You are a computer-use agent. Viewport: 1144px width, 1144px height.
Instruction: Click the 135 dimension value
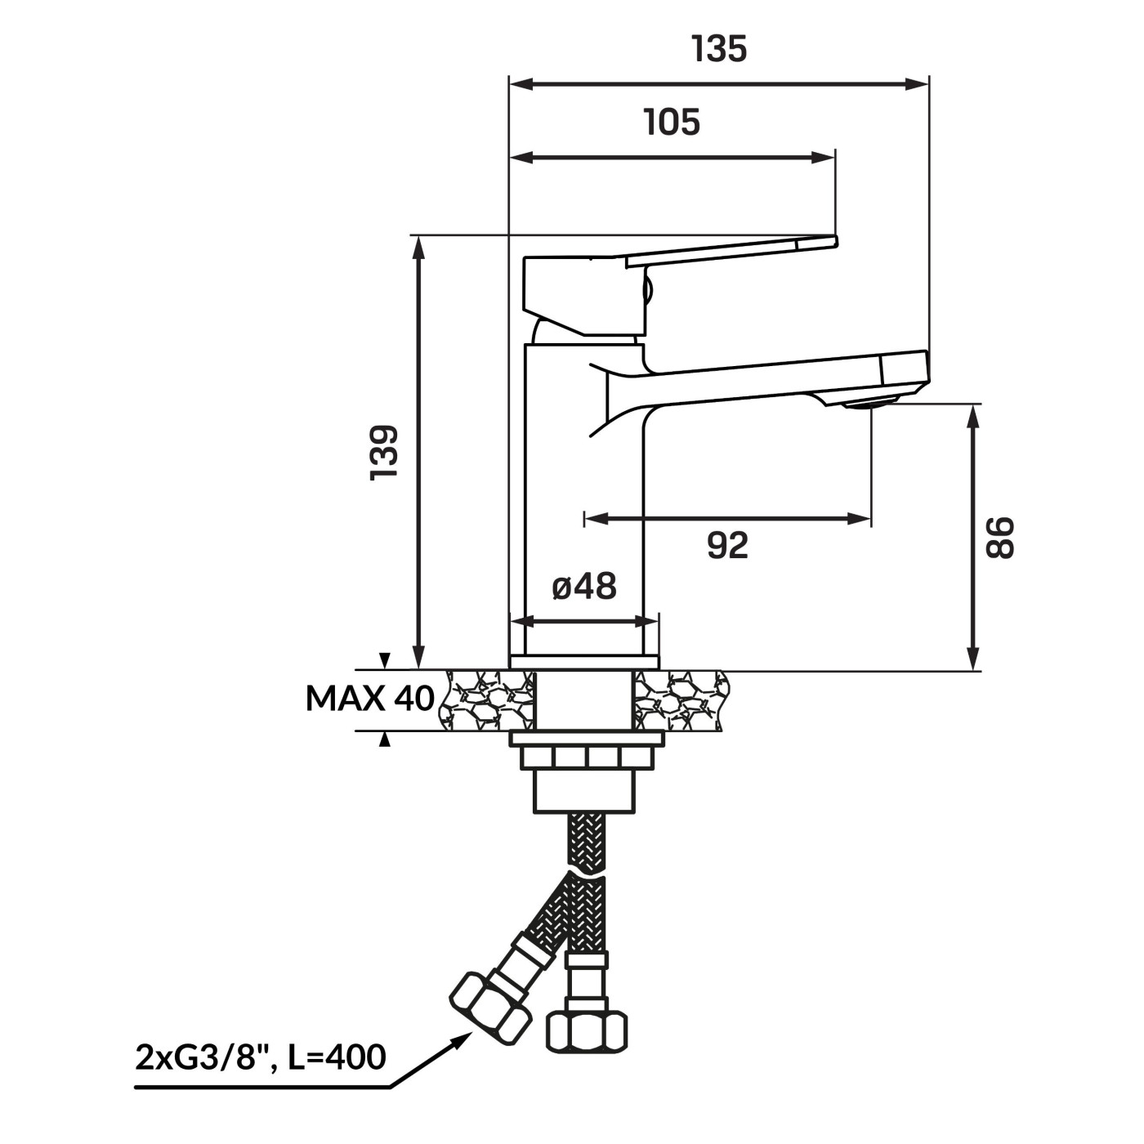719,49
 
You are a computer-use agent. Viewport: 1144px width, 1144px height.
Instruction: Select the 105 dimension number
672,123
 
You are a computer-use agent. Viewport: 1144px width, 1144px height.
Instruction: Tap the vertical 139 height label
383,453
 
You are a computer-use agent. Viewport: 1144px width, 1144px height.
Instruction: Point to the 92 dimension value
728,546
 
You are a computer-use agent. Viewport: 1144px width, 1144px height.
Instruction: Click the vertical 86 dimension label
1000,538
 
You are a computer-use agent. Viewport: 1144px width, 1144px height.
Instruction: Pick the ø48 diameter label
585,588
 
